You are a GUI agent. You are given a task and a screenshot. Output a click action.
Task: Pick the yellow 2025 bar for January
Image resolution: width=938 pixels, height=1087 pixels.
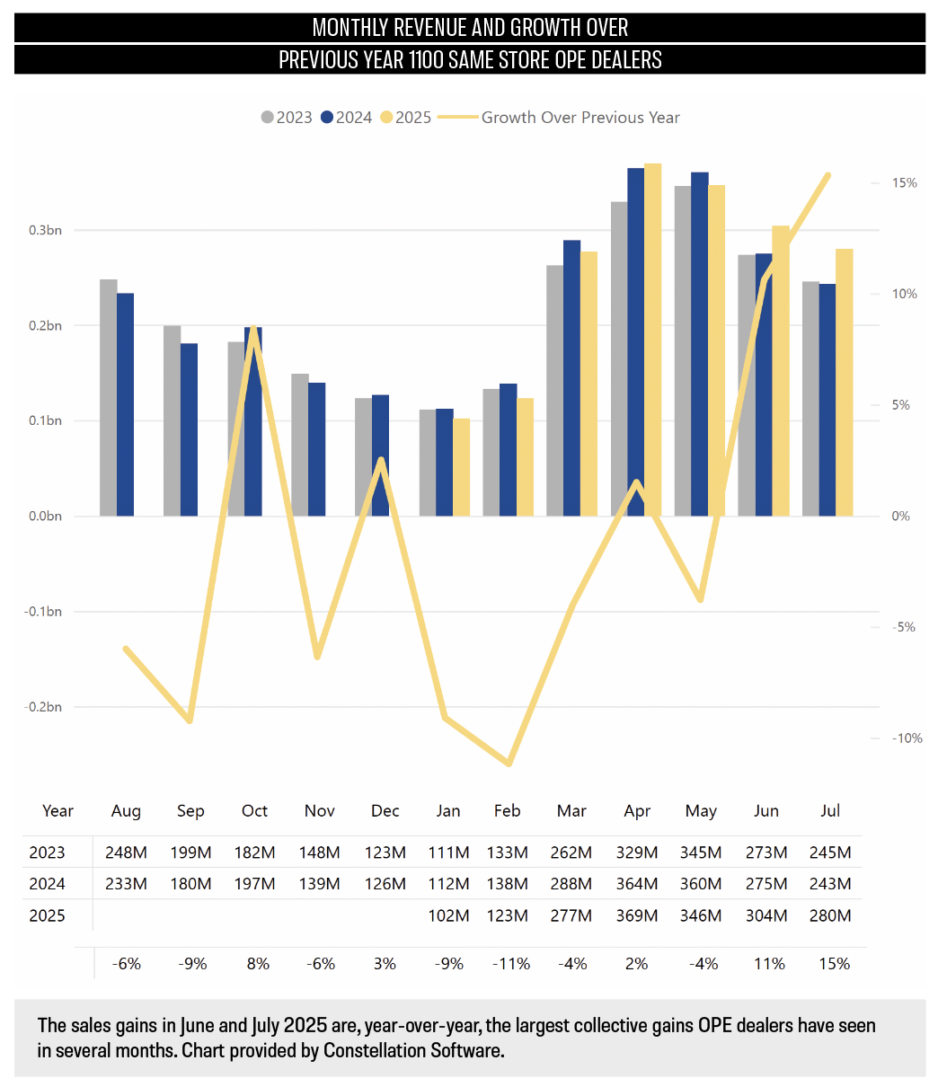[461, 467]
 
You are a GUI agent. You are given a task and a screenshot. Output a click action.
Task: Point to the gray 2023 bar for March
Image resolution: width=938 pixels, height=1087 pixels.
[555, 390]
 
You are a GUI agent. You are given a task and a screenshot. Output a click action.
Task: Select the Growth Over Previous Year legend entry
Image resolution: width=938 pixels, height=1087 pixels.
[580, 118]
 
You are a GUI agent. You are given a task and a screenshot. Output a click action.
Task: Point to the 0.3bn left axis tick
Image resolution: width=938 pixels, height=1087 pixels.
[45, 230]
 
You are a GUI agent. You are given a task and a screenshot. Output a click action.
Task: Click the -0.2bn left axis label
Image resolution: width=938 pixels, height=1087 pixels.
[43, 707]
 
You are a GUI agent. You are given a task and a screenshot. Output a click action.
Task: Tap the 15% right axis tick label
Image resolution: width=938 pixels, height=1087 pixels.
[904, 183]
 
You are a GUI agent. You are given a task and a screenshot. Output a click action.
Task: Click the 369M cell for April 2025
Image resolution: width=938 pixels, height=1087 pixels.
[636, 916]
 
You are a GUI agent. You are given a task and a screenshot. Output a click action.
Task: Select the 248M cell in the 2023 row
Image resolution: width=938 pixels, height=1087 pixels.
[126, 853]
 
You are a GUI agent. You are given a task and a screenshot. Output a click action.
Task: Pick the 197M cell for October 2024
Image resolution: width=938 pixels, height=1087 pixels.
[255, 884]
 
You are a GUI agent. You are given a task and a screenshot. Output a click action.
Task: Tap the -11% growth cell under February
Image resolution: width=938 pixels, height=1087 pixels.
[510, 964]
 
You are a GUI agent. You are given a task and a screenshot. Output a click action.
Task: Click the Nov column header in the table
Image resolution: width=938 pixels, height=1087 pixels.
[320, 811]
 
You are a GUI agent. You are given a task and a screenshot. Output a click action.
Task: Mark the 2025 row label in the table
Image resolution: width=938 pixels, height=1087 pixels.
[47, 916]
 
